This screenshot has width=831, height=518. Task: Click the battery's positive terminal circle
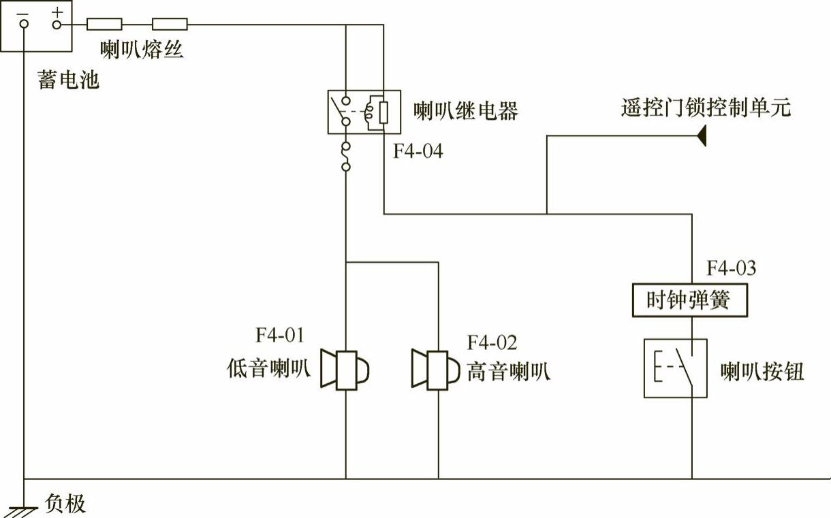click(x=57, y=25)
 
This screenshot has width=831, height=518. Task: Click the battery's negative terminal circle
click(x=25, y=25)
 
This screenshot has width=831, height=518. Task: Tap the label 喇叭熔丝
click(x=142, y=49)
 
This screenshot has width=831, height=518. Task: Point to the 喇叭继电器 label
click(x=466, y=110)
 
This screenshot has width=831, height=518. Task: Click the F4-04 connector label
click(x=418, y=151)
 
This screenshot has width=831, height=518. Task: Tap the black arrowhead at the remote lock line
click(x=701, y=137)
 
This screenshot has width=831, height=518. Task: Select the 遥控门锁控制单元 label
click(x=706, y=108)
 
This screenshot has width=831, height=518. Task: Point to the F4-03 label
click(x=731, y=268)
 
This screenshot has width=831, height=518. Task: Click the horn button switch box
click(x=675, y=368)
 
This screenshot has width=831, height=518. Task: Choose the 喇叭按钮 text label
click(x=763, y=372)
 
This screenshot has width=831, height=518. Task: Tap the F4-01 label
click(x=281, y=335)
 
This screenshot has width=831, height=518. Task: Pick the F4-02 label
click(x=492, y=342)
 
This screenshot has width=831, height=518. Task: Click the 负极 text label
click(x=65, y=504)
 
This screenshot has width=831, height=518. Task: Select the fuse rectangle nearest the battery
click(x=105, y=25)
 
